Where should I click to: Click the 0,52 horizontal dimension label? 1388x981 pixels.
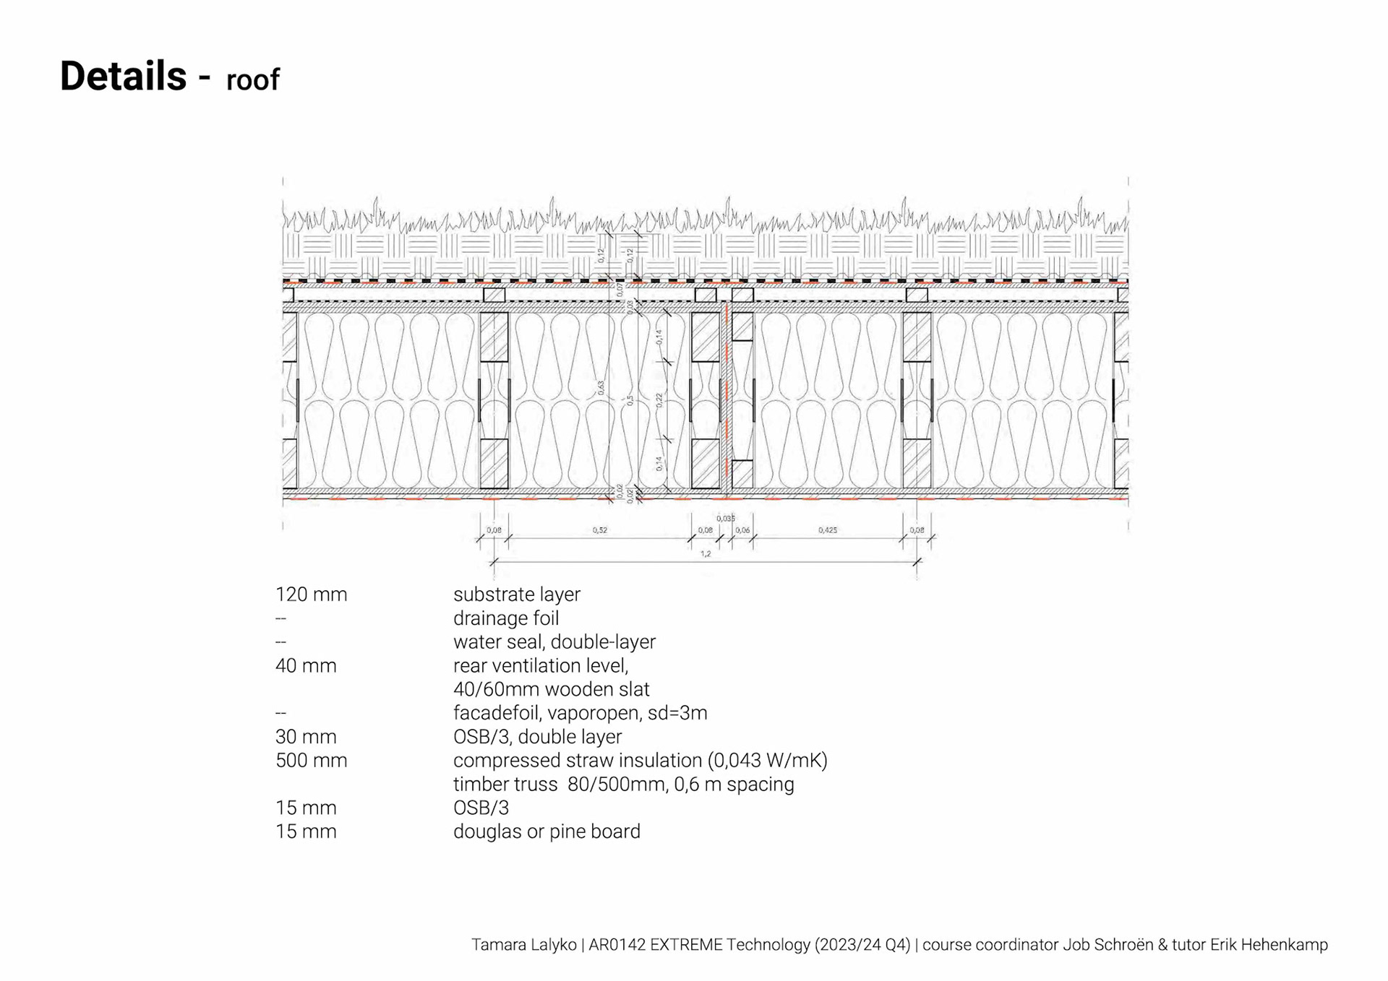point(599,530)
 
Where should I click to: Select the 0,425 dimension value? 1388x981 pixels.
point(827,530)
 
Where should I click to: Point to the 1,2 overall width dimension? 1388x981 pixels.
point(705,554)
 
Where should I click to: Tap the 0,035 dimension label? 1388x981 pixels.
point(725,519)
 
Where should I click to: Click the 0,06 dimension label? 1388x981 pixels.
point(742,530)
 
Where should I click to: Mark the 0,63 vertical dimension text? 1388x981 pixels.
point(601,388)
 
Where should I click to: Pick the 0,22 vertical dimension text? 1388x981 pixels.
point(659,399)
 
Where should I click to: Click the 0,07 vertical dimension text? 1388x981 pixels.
point(620,290)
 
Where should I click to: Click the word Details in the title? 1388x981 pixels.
point(123,76)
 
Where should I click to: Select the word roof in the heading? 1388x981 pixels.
point(252,80)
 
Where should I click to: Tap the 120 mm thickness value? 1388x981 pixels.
point(311,595)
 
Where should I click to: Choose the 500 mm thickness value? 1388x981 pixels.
point(311,761)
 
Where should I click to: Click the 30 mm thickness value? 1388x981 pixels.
point(306,737)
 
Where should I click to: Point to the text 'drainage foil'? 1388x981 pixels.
point(505,618)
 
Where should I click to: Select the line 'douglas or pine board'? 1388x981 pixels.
point(547,831)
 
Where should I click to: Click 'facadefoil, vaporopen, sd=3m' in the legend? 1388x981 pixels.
point(580,713)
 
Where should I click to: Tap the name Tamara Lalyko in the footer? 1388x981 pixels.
point(523,945)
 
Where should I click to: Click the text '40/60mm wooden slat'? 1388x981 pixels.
point(551,689)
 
